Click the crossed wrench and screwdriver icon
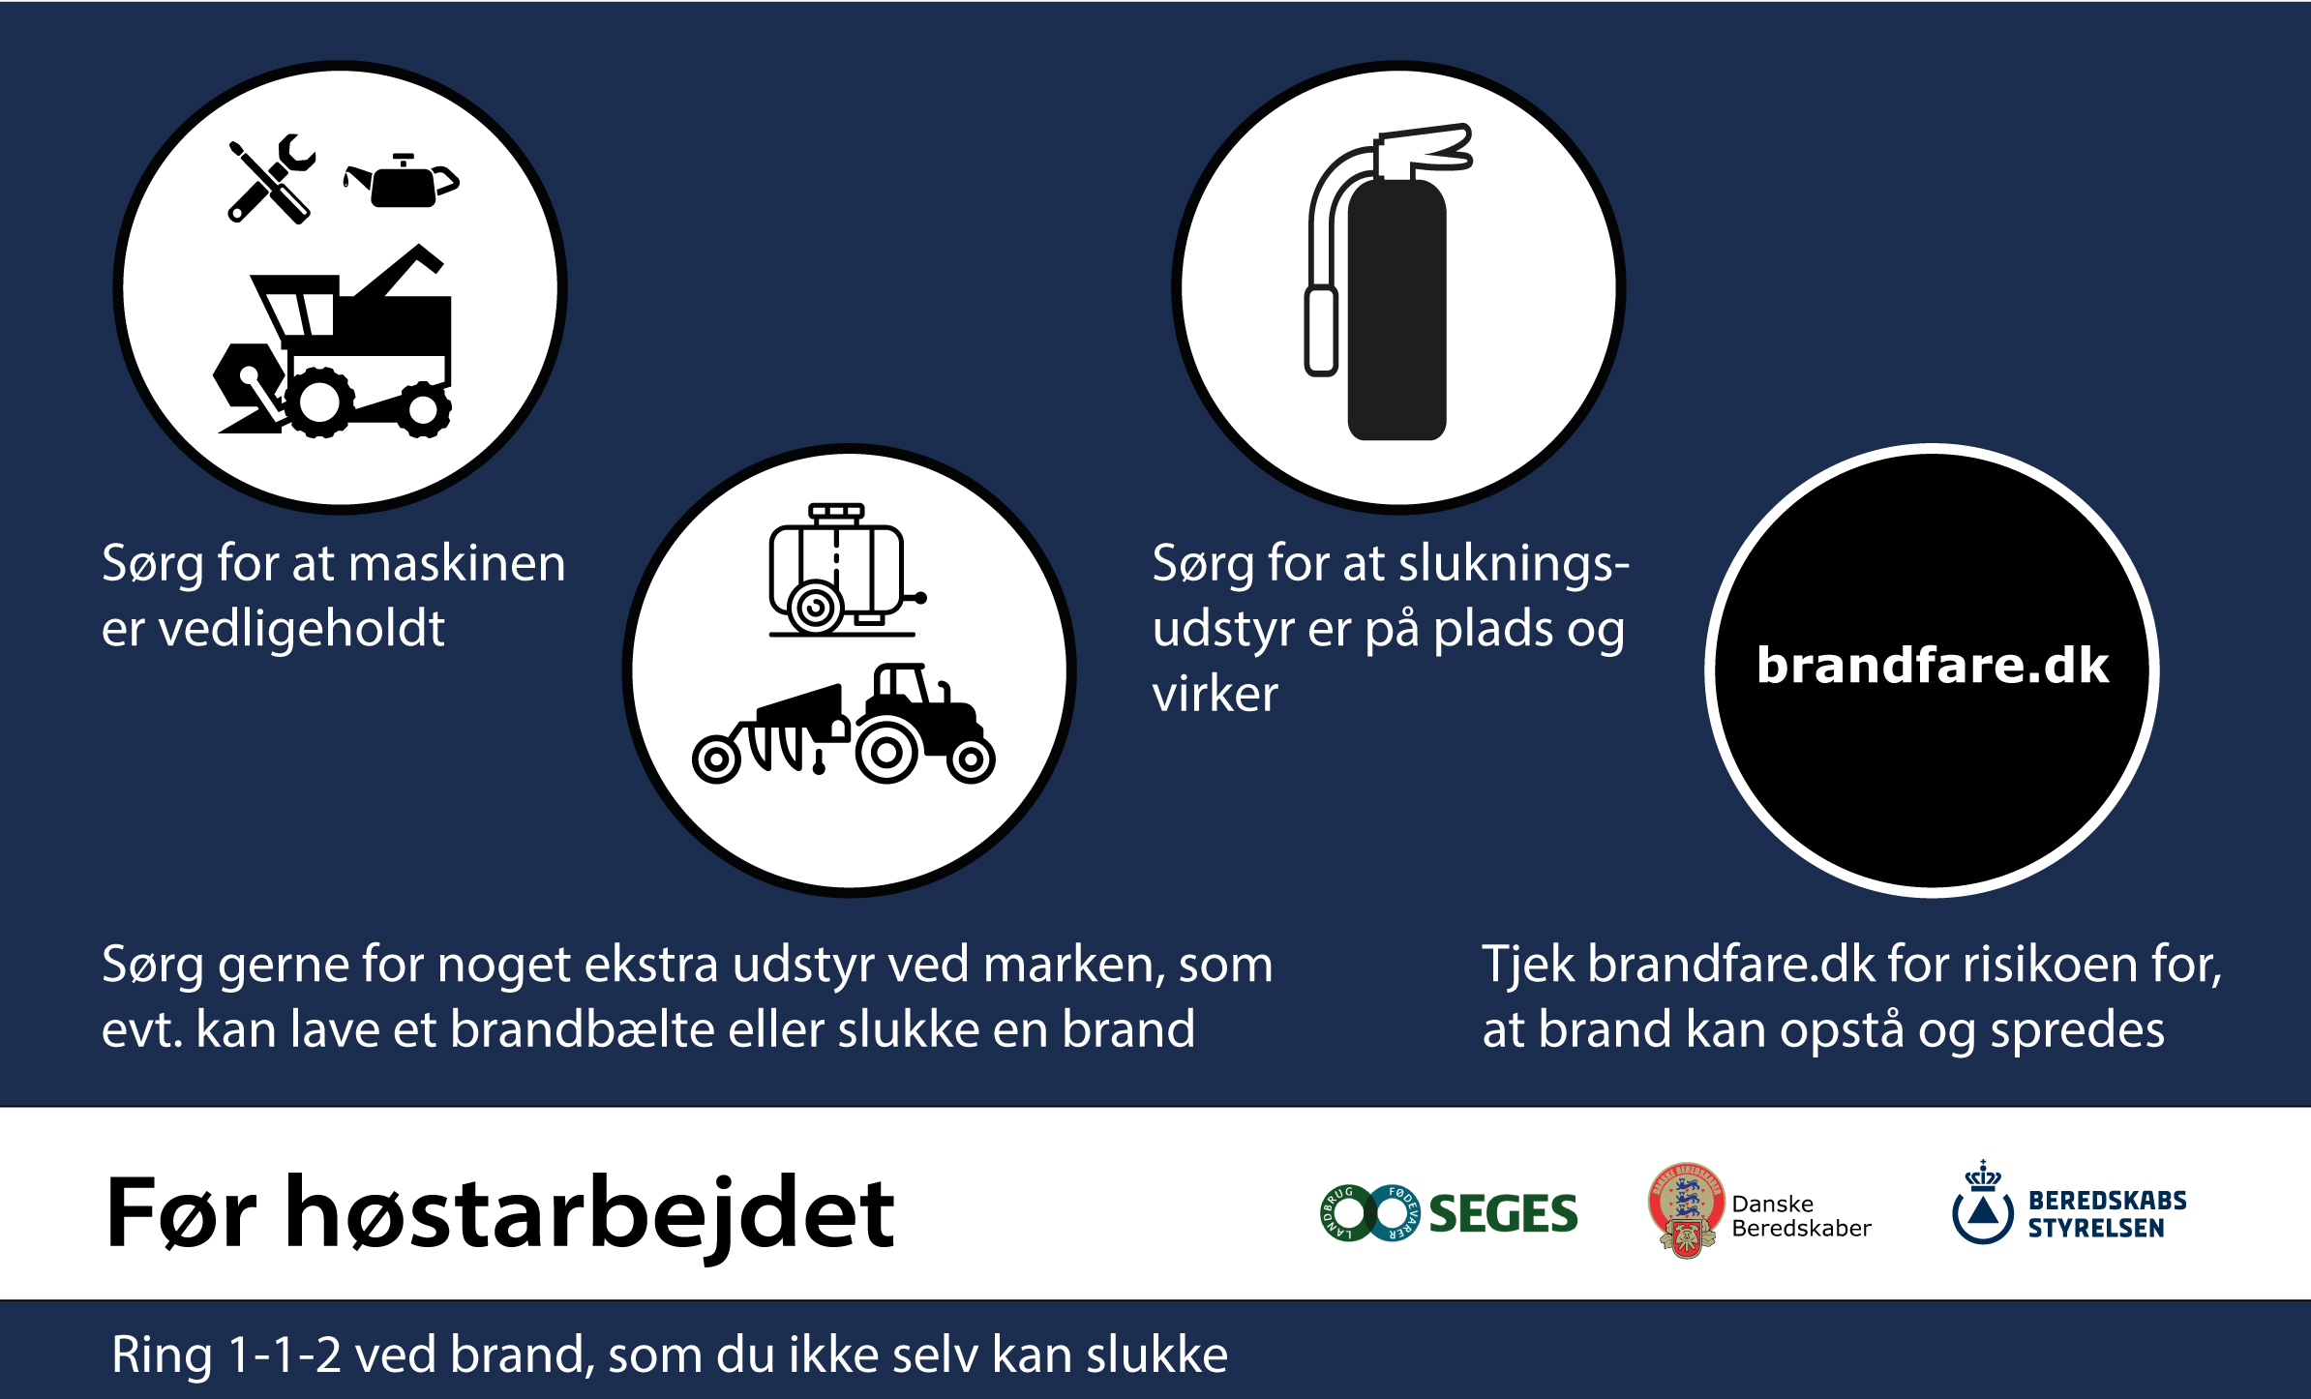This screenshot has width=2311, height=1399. pyautogui.click(x=271, y=179)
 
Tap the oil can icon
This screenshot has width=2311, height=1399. pyautogui.click(x=402, y=181)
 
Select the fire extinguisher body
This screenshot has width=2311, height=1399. pyautogui.click(x=1396, y=310)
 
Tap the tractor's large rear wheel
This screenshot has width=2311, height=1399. pyautogui.click(x=886, y=752)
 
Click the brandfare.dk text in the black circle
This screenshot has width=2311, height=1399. pyautogui.click(x=1933, y=666)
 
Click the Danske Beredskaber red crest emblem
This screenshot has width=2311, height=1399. pyautogui.click(x=1687, y=1210)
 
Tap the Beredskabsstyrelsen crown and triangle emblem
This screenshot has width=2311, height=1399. pyautogui.click(x=1983, y=1203)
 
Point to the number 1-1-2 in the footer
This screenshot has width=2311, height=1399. pyautogui.click(x=284, y=1354)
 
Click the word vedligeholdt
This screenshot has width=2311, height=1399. pyautogui.click(x=301, y=629)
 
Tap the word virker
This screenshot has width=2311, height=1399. pyautogui.click(x=1215, y=694)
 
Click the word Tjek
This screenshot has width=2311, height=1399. pyautogui.click(x=1528, y=965)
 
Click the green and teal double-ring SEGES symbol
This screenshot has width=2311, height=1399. pyautogui.click(x=1369, y=1213)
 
